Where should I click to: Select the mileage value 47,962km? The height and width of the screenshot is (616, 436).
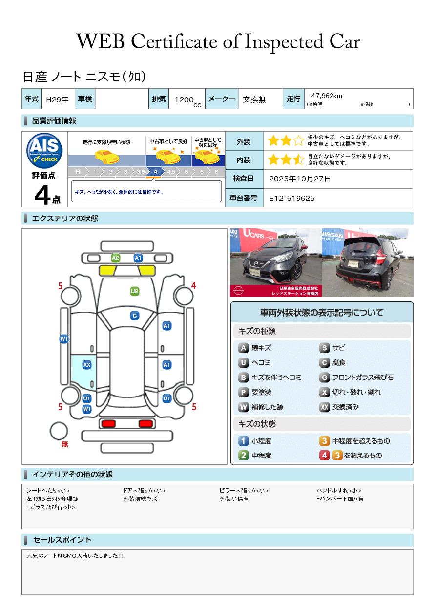[326, 96]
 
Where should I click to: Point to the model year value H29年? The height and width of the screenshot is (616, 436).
[57, 99]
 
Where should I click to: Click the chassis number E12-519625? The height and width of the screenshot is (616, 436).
[292, 198]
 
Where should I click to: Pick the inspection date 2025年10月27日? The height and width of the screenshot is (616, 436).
[300, 179]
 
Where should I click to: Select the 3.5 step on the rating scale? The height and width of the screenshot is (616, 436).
[140, 172]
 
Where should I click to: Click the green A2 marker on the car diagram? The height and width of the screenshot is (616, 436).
[116, 258]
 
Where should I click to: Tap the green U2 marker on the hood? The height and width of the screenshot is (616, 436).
[135, 291]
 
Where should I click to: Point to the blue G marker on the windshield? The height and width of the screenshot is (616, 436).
[135, 316]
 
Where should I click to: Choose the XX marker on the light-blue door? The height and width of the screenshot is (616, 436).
[87, 364]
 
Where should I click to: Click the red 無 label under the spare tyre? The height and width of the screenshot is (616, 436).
[65, 444]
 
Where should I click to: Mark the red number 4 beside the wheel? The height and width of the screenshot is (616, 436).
[194, 286]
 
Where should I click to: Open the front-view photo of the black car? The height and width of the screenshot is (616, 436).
[275, 262]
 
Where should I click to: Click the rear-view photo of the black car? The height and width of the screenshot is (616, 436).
[368, 262]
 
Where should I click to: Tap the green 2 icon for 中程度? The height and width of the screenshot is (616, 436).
[243, 456]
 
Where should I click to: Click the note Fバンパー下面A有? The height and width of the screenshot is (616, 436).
[340, 498]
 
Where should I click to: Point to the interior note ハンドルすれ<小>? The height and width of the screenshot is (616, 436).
[339, 490]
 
